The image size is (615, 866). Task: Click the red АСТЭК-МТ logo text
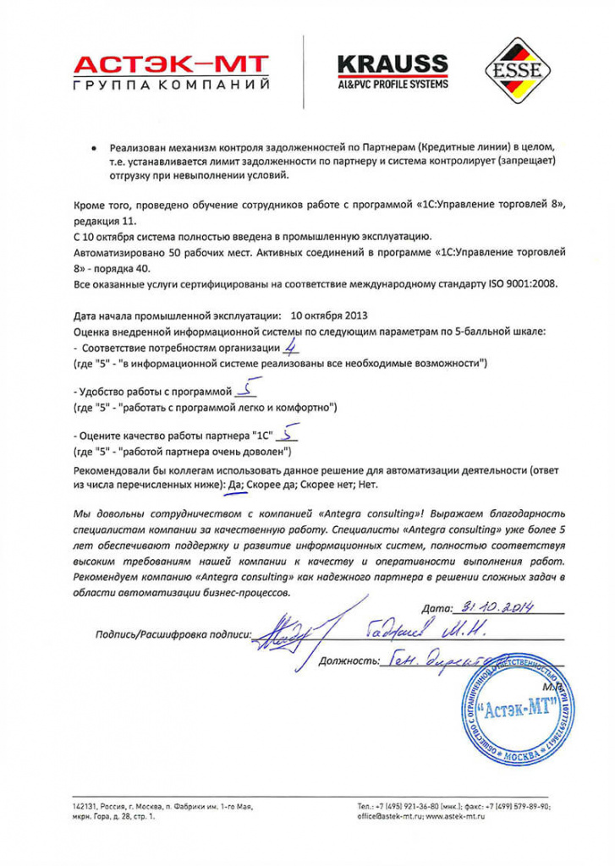point(171,63)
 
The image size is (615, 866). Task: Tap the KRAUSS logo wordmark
point(393,63)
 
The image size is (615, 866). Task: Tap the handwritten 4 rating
point(291,346)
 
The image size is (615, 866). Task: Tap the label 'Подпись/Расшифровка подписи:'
point(173,633)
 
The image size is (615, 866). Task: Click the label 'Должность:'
point(346,660)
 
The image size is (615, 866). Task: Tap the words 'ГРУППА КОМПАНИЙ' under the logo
point(171,86)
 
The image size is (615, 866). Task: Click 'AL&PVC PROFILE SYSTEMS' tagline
point(393,84)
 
